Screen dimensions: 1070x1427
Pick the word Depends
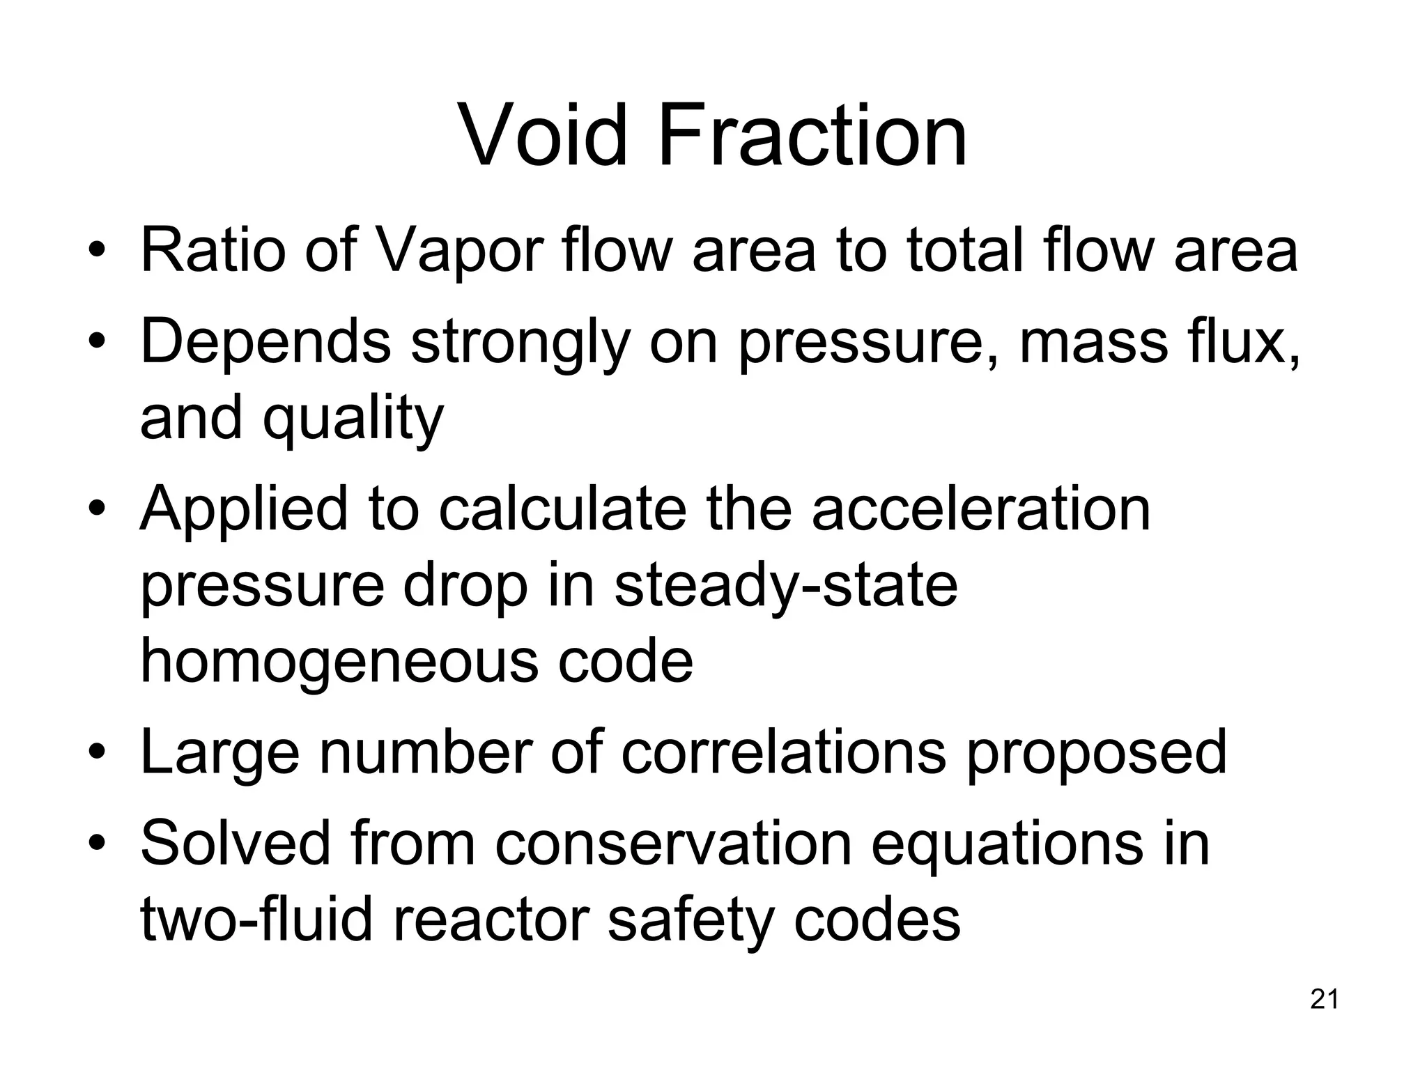pyautogui.click(x=265, y=343)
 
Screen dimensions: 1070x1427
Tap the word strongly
pyautogui.click(x=520, y=344)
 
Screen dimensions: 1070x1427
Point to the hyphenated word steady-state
pyautogui.click(x=785, y=587)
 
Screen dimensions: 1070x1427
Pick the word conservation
pyautogui.click(x=674, y=844)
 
